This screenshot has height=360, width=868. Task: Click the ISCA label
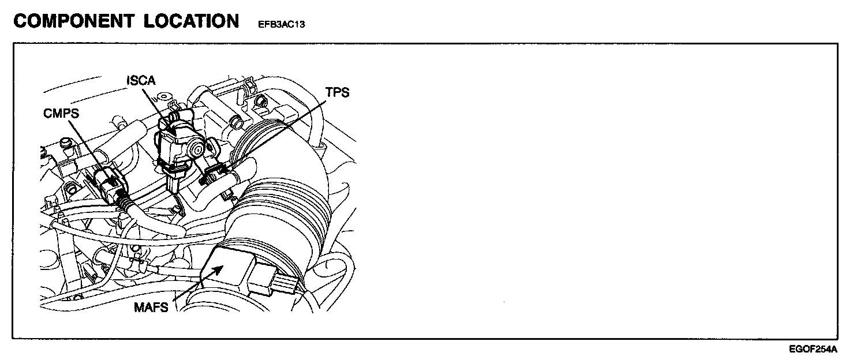pyautogui.click(x=141, y=81)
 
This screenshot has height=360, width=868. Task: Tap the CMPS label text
pyautogui.click(x=61, y=114)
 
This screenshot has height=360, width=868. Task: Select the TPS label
pyautogui.click(x=338, y=92)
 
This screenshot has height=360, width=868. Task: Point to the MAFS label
pyautogui.click(x=152, y=307)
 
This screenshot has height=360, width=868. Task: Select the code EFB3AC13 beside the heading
pyautogui.click(x=278, y=25)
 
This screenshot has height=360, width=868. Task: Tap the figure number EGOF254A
pyautogui.click(x=813, y=349)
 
